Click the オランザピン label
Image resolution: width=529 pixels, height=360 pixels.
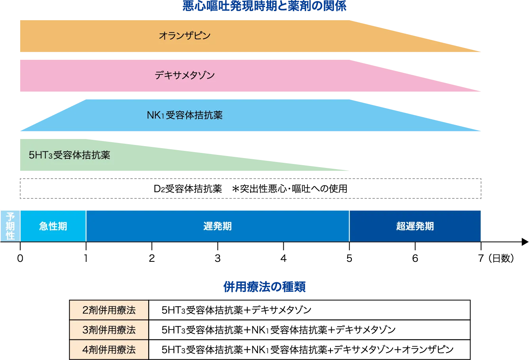click(x=185, y=36)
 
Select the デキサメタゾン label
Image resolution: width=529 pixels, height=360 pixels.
click(x=185, y=75)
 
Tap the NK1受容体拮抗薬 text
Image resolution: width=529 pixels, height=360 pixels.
click(x=185, y=115)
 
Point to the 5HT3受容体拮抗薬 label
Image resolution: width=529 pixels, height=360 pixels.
click(x=69, y=155)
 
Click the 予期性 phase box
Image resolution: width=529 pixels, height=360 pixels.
click(x=10, y=226)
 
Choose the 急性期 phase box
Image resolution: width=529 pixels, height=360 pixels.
click(x=53, y=226)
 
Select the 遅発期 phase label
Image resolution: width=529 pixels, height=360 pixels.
click(x=218, y=226)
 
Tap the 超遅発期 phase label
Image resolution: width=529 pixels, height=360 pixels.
click(x=415, y=226)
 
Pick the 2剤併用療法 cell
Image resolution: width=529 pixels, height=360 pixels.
click(x=109, y=310)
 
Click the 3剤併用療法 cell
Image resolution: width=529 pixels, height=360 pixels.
click(x=109, y=330)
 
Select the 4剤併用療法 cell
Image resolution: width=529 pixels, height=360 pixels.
click(x=109, y=349)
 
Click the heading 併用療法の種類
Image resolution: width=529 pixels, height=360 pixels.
click(x=265, y=287)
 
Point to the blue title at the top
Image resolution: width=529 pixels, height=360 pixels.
click(x=264, y=6)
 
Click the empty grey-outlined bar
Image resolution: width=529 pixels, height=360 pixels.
click(x=250, y=189)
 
